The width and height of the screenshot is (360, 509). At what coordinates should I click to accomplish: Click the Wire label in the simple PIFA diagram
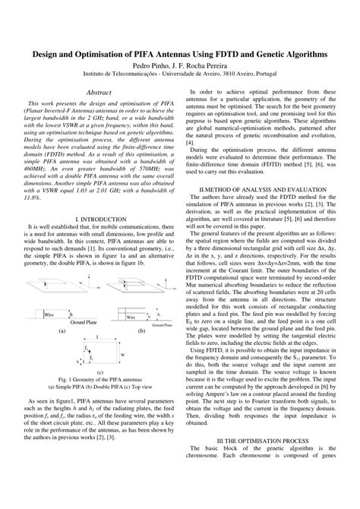pyautogui.click(x=48, y=289)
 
